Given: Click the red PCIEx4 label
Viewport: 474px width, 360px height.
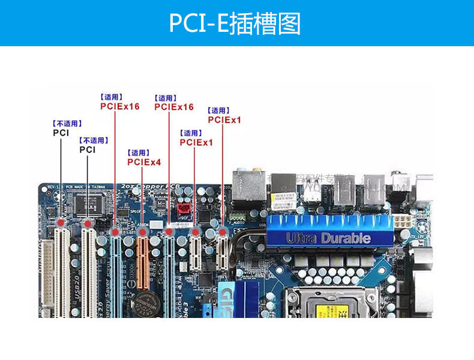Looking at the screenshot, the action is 144,162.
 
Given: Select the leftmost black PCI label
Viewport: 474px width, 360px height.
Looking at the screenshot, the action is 61,133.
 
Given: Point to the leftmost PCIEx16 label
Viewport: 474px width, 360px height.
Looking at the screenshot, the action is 119,106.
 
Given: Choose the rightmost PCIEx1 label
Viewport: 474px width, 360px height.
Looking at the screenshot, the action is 224,120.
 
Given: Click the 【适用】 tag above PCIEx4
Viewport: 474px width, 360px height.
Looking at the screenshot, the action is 139,153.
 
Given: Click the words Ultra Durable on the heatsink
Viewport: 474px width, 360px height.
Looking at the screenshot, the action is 328,238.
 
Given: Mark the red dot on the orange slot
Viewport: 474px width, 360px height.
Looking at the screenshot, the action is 142,232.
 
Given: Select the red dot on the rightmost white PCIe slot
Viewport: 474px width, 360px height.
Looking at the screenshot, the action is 223,232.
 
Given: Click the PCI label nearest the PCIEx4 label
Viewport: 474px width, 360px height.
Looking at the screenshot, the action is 88,150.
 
